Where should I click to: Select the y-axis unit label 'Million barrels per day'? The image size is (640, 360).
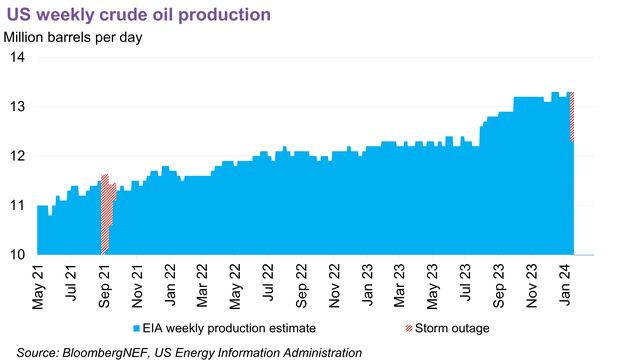pos(73,38)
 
